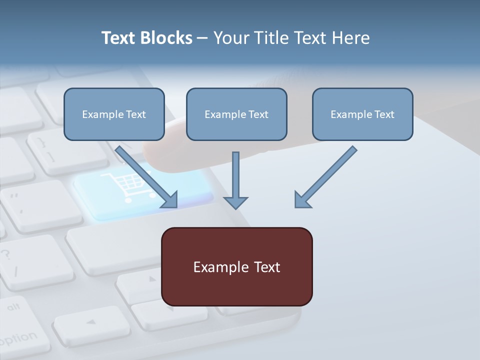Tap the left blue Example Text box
(x=114, y=114)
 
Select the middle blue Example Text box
(x=236, y=114)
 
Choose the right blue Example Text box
(x=362, y=114)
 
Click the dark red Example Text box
(x=237, y=267)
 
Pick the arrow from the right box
(x=327, y=175)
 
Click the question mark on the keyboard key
(x=6, y=254)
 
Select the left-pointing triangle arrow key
(x=90, y=322)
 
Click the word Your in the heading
(x=230, y=38)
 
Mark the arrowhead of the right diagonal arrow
(x=302, y=199)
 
